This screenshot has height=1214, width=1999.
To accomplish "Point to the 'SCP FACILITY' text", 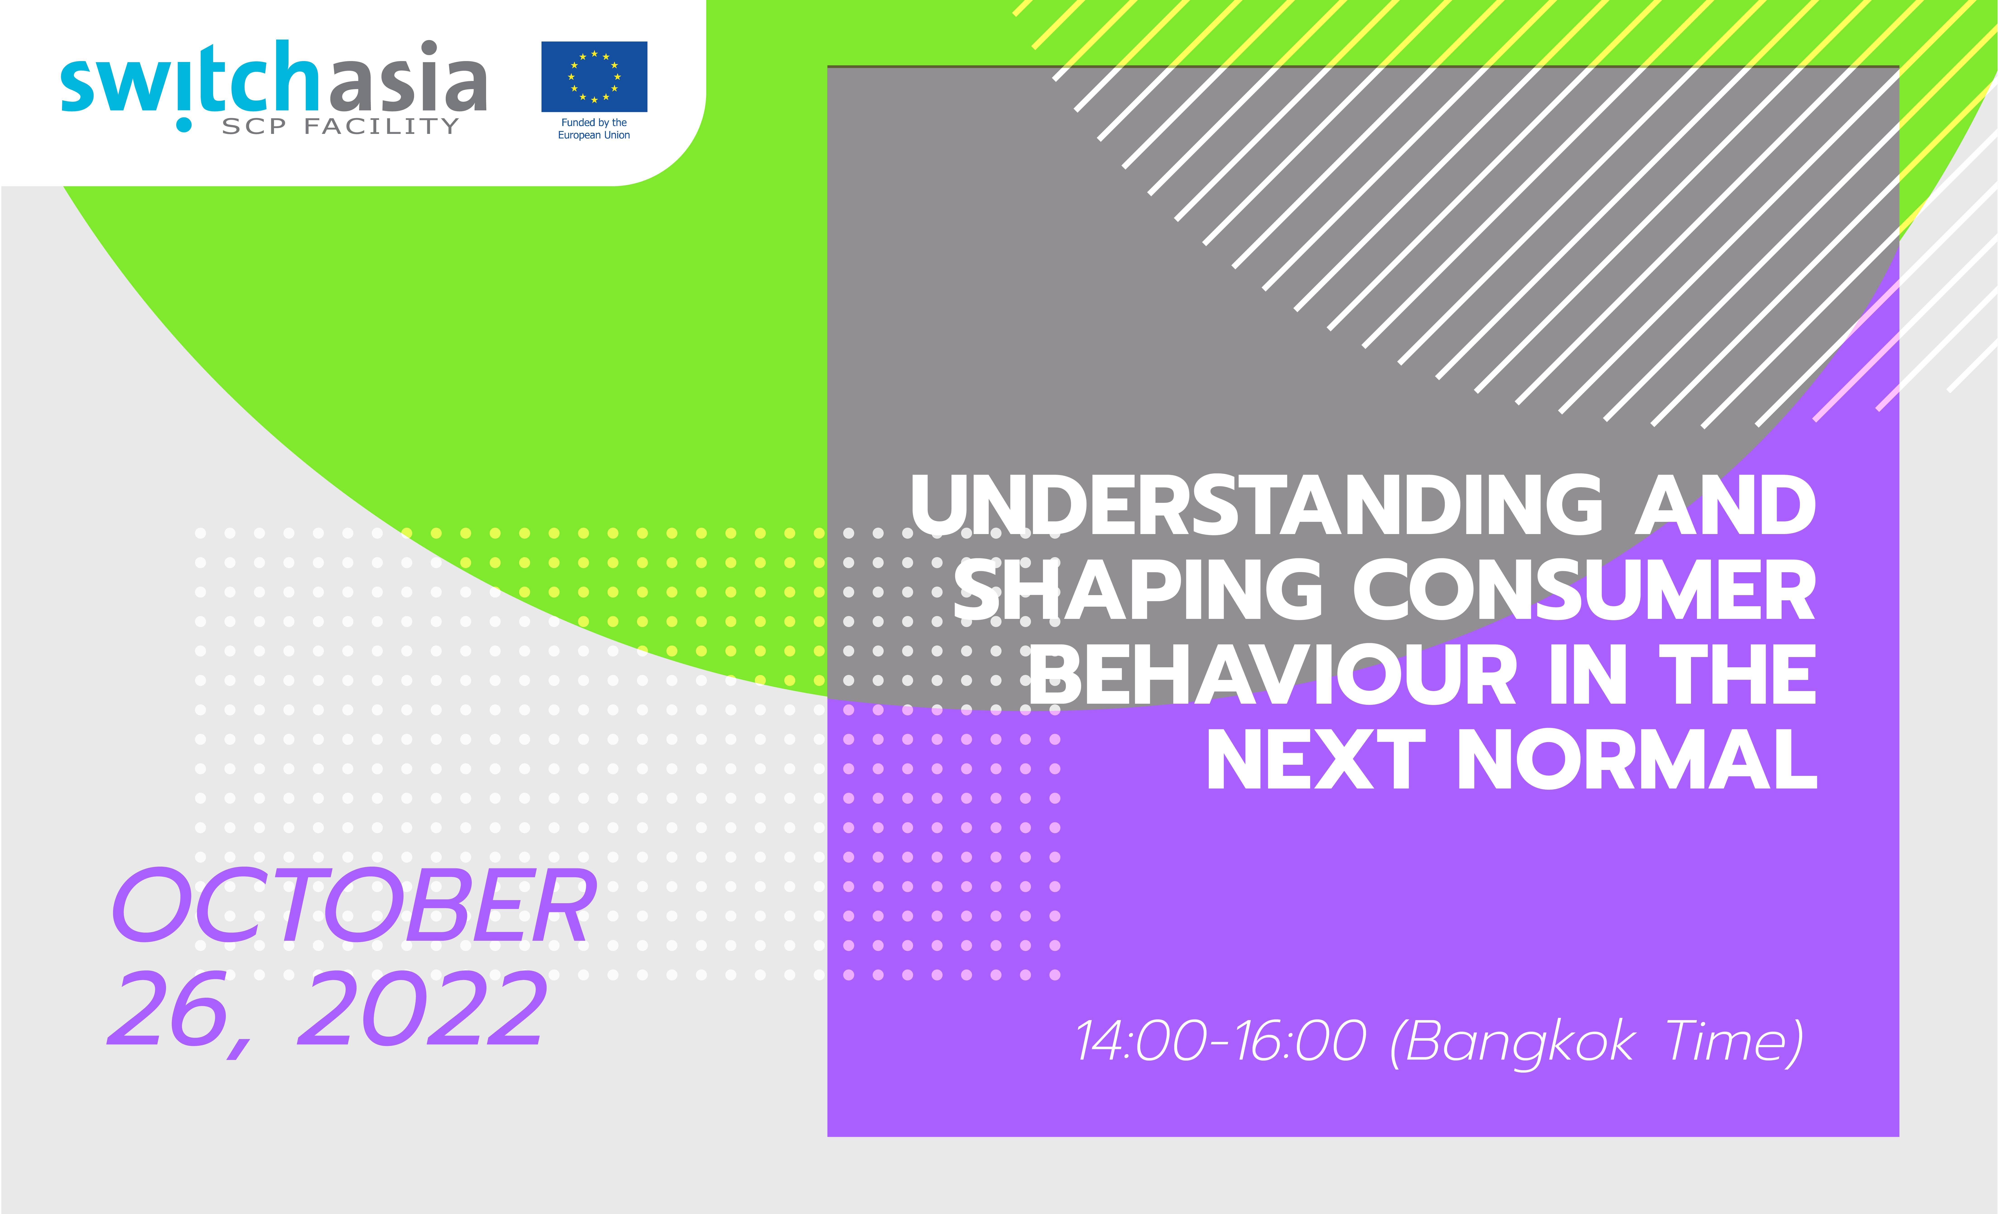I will pos(341,126).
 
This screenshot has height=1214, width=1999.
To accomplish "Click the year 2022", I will pos(422,1010).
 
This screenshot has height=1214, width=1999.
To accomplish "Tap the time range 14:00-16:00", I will pos(1221,1041).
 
